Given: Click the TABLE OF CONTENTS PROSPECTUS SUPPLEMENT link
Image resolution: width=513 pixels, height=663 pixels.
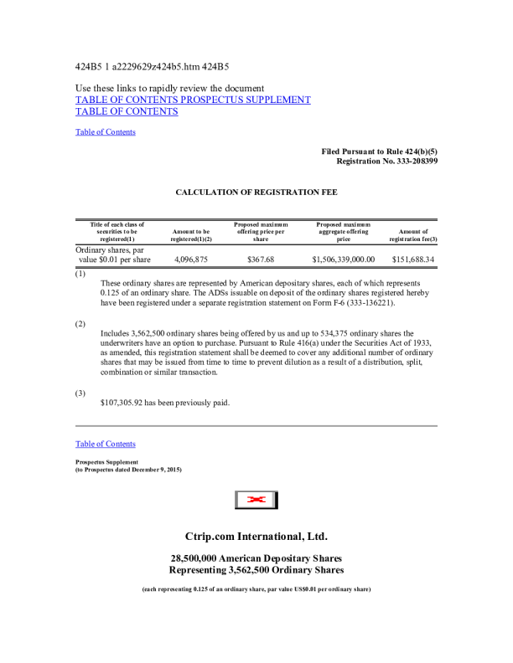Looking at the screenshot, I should [193, 100].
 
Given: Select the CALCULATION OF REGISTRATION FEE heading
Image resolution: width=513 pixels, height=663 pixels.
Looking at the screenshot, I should [256, 192].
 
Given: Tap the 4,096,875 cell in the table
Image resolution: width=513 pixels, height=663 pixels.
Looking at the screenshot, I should [190, 260].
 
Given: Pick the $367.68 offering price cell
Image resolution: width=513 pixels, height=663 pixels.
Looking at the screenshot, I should [261, 260].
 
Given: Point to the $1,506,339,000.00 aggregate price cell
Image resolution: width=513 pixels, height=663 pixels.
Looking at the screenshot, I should [344, 260].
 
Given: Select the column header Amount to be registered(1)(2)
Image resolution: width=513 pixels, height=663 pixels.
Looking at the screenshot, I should [190, 235].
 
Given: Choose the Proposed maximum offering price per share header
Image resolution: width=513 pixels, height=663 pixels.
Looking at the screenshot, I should [261, 232].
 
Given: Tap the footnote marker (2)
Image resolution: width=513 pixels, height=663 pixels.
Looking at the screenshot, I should [80, 322].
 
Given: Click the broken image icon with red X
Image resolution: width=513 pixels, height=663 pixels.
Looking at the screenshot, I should [256, 500].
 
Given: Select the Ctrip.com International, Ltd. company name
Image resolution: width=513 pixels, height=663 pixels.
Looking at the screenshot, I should [256, 535].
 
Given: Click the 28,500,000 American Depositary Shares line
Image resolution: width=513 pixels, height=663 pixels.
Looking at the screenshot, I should [256, 558].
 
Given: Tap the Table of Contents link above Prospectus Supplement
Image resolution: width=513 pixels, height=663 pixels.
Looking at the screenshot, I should [106, 444].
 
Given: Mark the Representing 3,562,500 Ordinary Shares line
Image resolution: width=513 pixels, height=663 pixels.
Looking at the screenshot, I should [256, 570].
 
